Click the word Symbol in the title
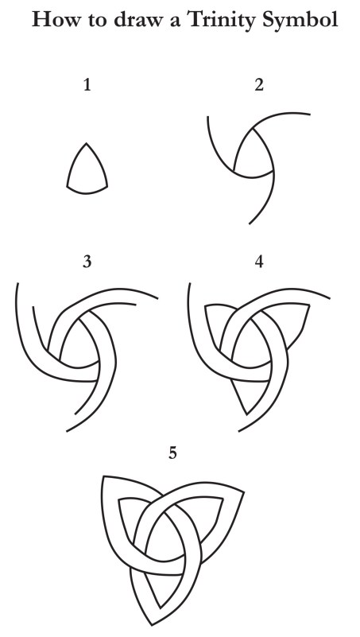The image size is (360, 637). [x=300, y=20]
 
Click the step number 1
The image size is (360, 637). [x=87, y=85]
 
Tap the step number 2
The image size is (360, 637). [x=259, y=85]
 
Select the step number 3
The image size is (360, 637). [x=87, y=262]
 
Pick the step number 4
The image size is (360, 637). [x=259, y=262]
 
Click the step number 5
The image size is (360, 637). [x=173, y=453]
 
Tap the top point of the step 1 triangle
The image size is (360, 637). [x=86, y=143]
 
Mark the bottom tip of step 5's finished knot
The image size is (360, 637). [x=153, y=625]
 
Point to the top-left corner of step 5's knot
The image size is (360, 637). [x=103, y=476]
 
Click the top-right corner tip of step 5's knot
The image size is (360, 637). [x=243, y=492]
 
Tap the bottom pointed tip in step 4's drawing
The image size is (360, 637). [x=247, y=414]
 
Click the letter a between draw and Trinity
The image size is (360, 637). [x=175, y=21]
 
